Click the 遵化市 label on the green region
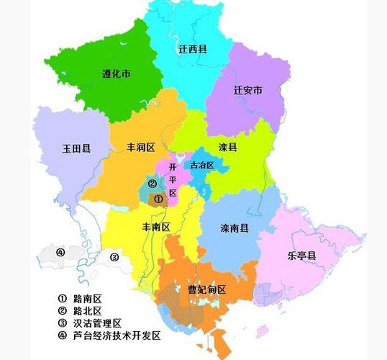click(117, 73)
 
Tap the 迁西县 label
click(193, 49)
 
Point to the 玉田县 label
click(76, 148)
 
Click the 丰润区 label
click(141, 147)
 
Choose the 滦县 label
click(228, 147)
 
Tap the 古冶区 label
click(202, 165)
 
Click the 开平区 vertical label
click(172, 179)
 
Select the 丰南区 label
click(155, 227)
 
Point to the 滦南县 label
click(235, 228)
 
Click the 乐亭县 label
click(302, 255)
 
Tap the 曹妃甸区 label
click(207, 289)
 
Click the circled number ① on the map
click(159, 199)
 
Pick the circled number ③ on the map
click(114, 257)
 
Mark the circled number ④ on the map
click(60, 252)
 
